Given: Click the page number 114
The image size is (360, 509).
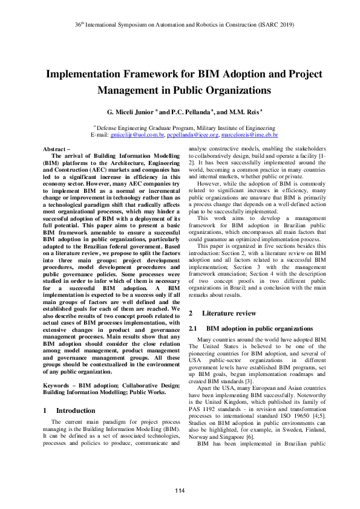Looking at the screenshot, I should (180, 489).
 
